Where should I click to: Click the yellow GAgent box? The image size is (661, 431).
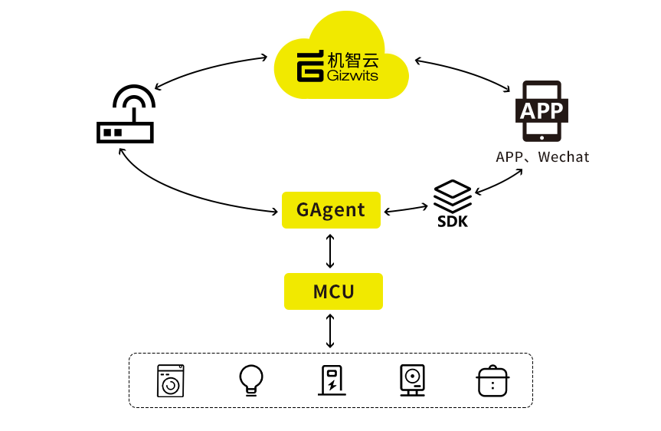[331, 209]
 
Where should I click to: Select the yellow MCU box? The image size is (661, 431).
[333, 291]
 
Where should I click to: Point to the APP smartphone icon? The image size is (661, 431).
[542, 111]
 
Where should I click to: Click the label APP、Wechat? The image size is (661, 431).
[542, 157]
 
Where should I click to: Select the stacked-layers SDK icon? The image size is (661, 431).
[453, 195]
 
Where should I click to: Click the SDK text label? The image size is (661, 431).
[453, 222]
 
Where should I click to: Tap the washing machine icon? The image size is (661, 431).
[170, 380]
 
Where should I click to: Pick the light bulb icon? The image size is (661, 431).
[251, 379]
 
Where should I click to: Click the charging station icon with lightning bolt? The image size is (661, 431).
[332, 380]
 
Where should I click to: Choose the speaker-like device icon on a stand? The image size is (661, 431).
[412, 380]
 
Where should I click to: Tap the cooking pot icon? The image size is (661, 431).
[493, 380]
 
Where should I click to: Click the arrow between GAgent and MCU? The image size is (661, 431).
[330, 250]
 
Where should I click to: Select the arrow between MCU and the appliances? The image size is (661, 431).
[330, 331]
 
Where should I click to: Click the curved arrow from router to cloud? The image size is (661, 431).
[207, 65]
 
